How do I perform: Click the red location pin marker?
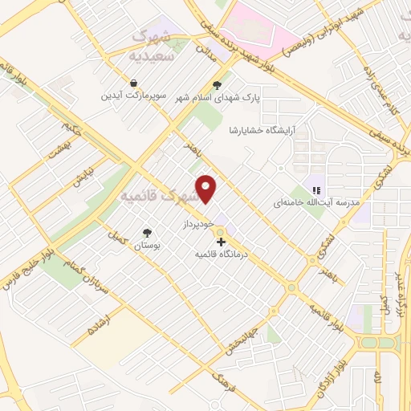(x=207, y=189)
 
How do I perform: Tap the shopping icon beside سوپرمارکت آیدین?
(x=132, y=83)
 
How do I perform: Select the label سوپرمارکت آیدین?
(x=132, y=96)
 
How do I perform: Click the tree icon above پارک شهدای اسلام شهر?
(x=216, y=85)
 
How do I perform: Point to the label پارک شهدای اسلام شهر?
(x=216, y=98)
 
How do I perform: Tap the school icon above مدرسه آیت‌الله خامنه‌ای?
(x=316, y=191)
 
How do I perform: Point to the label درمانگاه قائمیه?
(x=224, y=254)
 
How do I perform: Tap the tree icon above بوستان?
(x=147, y=232)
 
